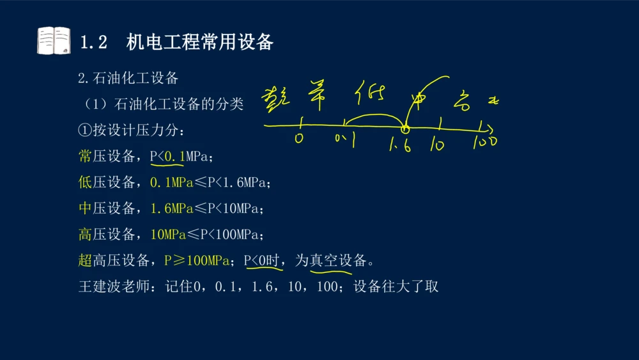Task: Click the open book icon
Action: coord(53,41)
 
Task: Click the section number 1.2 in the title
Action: coord(93,42)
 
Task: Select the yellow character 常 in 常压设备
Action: coord(85,157)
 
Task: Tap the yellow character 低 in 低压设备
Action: coord(85,183)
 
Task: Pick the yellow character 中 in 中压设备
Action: coord(85,208)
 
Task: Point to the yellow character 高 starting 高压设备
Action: coord(85,235)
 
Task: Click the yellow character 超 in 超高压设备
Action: coord(85,260)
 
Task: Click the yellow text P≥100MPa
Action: coord(197,260)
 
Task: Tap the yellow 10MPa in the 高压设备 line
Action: coord(168,235)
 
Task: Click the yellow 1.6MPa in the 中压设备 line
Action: coord(171,208)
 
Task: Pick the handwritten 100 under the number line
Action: coord(485,142)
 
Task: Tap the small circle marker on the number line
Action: coord(404,130)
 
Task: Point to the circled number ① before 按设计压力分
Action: coord(85,130)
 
